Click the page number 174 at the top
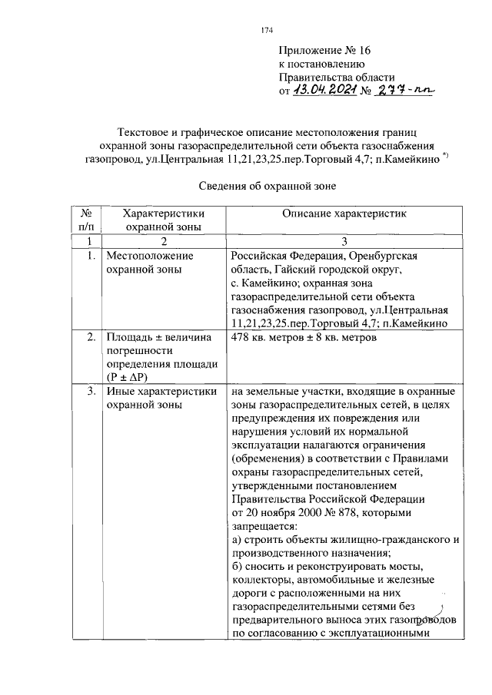point(268,31)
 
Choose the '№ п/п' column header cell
point(87,220)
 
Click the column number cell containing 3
point(344,241)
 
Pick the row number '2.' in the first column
point(91,337)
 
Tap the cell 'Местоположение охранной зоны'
point(151,262)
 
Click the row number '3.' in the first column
point(91,392)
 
